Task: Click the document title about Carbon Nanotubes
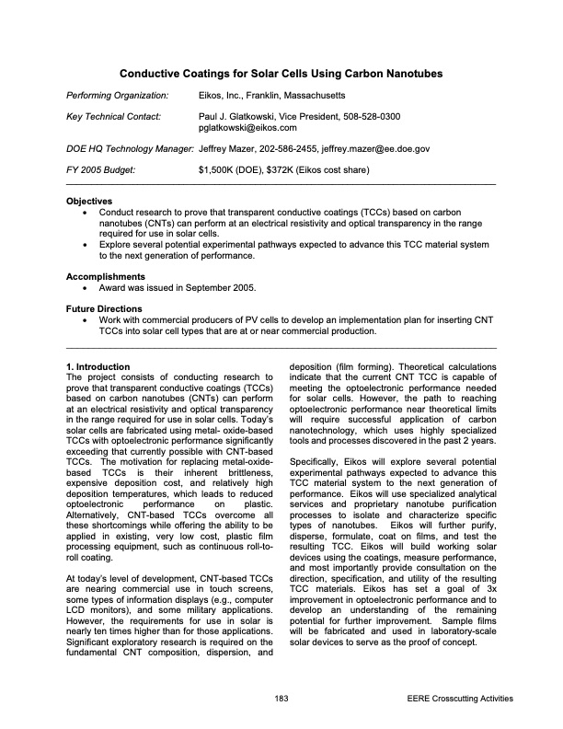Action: click(x=281, y=73)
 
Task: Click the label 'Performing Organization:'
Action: click(x=117, y=96)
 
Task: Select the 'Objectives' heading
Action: click(x=89, y=201)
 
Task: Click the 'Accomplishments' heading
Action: click(x=103, y=276)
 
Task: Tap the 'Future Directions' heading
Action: click(x=104, y=308)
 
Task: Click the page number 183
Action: click(x=281, y=700)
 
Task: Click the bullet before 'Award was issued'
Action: click(x=86, y=288)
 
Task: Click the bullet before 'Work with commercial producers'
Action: click(x=86, y=320)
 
